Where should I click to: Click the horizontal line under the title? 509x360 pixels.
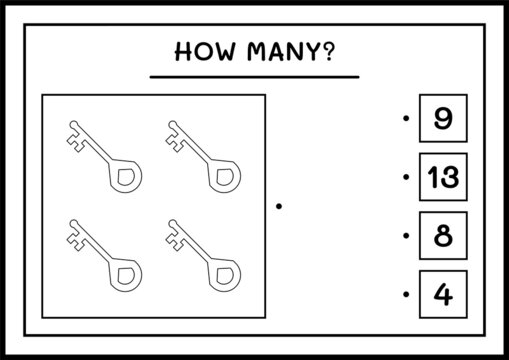pos(253,76)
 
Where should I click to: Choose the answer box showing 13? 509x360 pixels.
pos(441,178)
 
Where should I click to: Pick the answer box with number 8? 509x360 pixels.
pos(441,236)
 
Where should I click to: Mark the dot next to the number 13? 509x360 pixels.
pos(405,179)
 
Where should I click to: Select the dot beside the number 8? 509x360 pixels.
pos(405,237)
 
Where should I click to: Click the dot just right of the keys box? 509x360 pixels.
pos(280,206)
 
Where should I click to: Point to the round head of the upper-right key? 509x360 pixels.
pos(224,176)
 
